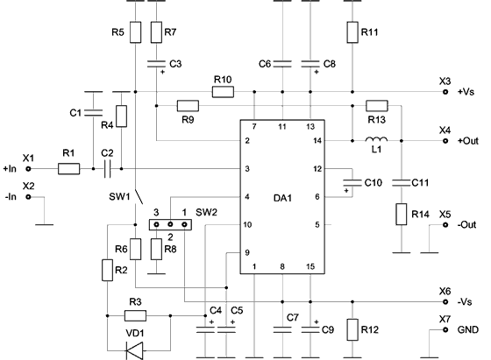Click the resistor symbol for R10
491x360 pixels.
click(223, 92)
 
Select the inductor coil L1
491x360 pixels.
click(376, 140)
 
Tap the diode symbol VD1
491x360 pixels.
click(135, 350)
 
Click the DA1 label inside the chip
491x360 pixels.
click(282, 198)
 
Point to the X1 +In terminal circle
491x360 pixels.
click(28, 169)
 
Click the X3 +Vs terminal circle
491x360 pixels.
click(445, 92)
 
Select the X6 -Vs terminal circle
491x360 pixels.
click(445, 302)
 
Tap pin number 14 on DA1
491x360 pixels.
click(317, 141)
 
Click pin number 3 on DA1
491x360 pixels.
click(247, 169)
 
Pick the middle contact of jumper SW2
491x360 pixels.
click(170, 224)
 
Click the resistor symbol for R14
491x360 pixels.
click(402, 215)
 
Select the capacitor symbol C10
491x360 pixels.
click(352, 183)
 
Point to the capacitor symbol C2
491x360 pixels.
click(107, 169)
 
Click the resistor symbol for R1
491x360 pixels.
click(69, 169)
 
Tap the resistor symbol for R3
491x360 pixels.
click(135, 316)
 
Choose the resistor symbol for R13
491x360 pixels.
click(377, 106)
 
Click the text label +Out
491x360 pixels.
click(468, 141)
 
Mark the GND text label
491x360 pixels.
click(468, 329)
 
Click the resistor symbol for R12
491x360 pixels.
click(352, 329)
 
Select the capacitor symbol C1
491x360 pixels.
click(93, 113)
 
